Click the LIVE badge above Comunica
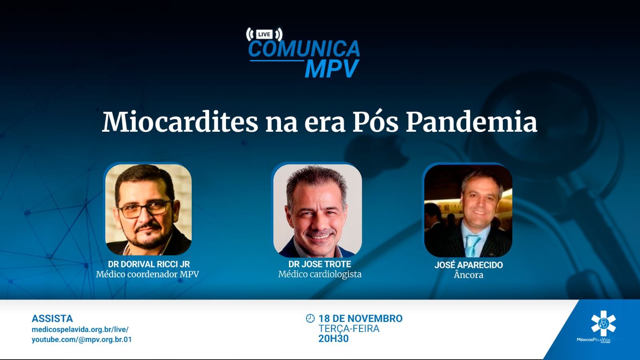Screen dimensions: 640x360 coord(264,34)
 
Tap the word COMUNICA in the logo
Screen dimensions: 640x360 coord(304,48)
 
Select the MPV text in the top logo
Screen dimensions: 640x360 coord(332,68)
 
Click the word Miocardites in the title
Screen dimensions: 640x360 coord(180,123)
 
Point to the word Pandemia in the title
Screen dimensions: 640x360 coord(472,123)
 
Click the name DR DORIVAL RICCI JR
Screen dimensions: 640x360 coord(149,264)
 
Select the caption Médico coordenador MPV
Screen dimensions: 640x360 coord(147,274)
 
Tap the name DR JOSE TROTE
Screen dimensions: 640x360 coord(320,264)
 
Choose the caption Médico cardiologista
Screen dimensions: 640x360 coord(320,274)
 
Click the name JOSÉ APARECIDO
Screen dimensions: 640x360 coord(469,265)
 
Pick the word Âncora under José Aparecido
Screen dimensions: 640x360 coord(469,275)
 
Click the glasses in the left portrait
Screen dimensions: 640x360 coord(146,209)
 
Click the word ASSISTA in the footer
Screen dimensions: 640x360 coord(52,318)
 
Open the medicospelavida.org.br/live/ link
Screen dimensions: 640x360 coord(80,330)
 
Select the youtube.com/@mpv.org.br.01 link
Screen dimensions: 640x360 coord(82,340)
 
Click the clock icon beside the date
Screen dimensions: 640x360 coord(310,318)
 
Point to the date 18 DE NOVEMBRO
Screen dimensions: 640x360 coord(361,318)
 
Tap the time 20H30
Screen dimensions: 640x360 coord(333,338)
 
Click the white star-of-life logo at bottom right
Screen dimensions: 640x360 coord(603,324)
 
